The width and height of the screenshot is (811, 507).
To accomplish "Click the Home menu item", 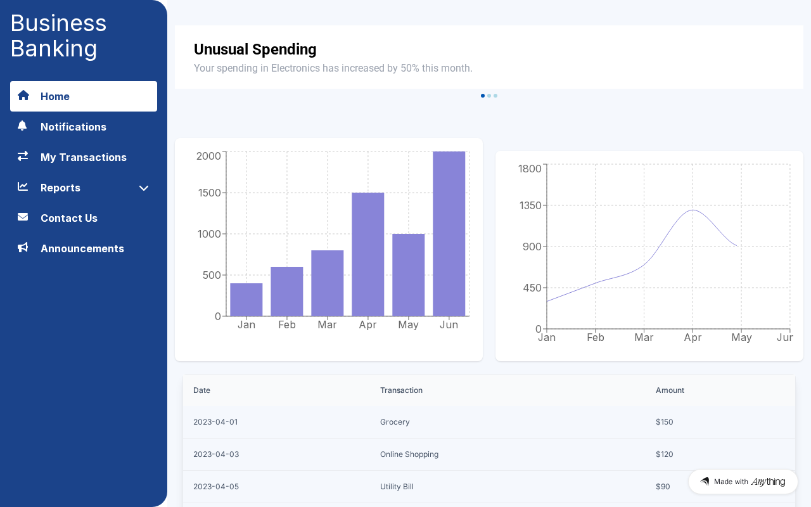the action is (83, 96).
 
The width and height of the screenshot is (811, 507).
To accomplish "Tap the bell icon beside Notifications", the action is (22, 125).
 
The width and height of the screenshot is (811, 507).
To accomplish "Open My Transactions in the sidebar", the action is (83, 157).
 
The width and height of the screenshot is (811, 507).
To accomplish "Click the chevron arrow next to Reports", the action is (144, 188).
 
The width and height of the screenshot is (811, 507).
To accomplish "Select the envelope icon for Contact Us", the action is (23, 217).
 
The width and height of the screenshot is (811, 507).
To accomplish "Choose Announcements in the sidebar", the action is (83, 248).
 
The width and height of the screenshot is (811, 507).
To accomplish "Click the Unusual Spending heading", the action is (255, 49).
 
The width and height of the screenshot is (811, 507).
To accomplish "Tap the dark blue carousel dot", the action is (483, 96).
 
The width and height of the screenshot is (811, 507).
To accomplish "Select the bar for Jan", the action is (246, 300).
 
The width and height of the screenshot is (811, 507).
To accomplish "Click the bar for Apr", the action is (368, 254).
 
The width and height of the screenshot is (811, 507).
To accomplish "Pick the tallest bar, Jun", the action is (449, 234).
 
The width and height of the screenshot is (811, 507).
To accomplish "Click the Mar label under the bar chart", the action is (327, 325).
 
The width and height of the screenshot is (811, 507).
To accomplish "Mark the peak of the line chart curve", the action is (693, 210).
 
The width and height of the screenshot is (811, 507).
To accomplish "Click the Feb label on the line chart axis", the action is (595, 338).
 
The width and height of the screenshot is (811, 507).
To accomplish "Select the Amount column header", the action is (670, 390).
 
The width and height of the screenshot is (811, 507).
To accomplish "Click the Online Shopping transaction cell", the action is (409, 454).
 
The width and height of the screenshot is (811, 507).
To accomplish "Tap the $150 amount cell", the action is (665, 422).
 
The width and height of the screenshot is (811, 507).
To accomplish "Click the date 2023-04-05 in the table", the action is (216, 486).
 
